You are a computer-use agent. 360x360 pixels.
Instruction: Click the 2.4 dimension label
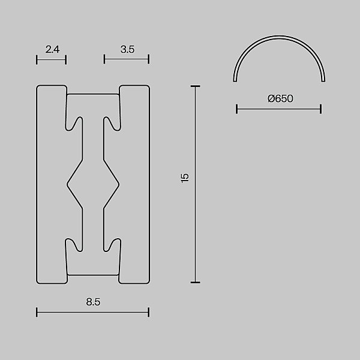pyautogui.click(x=52, y=49)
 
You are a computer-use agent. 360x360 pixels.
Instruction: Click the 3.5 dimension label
pyautogui.click(x=127, y=49)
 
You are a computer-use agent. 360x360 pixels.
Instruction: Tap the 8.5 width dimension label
pyautogui.click(x=93, y=302)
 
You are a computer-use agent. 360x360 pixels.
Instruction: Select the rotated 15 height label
pyautogui.click(x=185, y=178)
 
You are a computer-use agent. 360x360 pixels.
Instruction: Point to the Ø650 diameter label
pyautogui.click(x=280, y=99)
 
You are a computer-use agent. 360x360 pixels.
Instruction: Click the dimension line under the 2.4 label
pyautogui.click(x=51, y=59)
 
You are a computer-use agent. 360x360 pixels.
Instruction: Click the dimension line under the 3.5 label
pyautogui.click(x=127, y=59)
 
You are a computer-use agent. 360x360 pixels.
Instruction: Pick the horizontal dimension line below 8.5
pyautogui.click(x=93, y=312)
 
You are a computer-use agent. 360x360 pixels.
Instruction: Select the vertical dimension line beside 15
pyautogui.click(x=196, y=184)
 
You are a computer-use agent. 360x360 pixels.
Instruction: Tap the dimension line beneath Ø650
pyautogui.click(x=279, y=109)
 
